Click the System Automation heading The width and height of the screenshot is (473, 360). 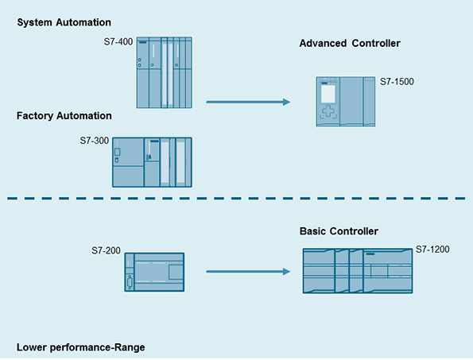click(x=64, y=22)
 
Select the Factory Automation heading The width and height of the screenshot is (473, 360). click(x=64, y=116)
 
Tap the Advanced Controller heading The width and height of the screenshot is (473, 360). click(x=350, y=44)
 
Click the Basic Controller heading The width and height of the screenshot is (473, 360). click(x=339, y=231)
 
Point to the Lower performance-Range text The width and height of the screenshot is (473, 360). click(x=81, y=347)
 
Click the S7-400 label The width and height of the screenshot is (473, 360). click(x=118, y=41)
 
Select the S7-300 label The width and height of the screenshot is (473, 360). click(x=94, y=141)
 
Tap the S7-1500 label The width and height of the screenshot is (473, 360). click(x=397, y=82)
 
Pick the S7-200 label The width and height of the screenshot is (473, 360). click(x=106, y=250)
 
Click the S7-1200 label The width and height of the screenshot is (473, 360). click(x=432, y=250)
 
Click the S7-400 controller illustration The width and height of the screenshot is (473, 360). click(x=164, y=72)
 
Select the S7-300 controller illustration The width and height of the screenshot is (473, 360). click(x=152, y=162)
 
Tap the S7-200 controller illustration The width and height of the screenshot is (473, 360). click(x=154, y=273)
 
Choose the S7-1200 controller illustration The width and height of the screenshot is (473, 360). click(x=358, y=271)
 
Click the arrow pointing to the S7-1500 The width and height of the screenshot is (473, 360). click(x=248, y=103)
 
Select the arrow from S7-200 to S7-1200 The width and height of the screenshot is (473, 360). click(x=248, y=272)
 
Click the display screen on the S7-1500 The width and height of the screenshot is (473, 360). click(x=328, y=94)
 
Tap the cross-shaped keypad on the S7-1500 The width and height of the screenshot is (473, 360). click(x=328, y=111)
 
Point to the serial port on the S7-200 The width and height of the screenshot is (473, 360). click(x=130, y=283)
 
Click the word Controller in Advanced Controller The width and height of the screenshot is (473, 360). click(x=376, y=44)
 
